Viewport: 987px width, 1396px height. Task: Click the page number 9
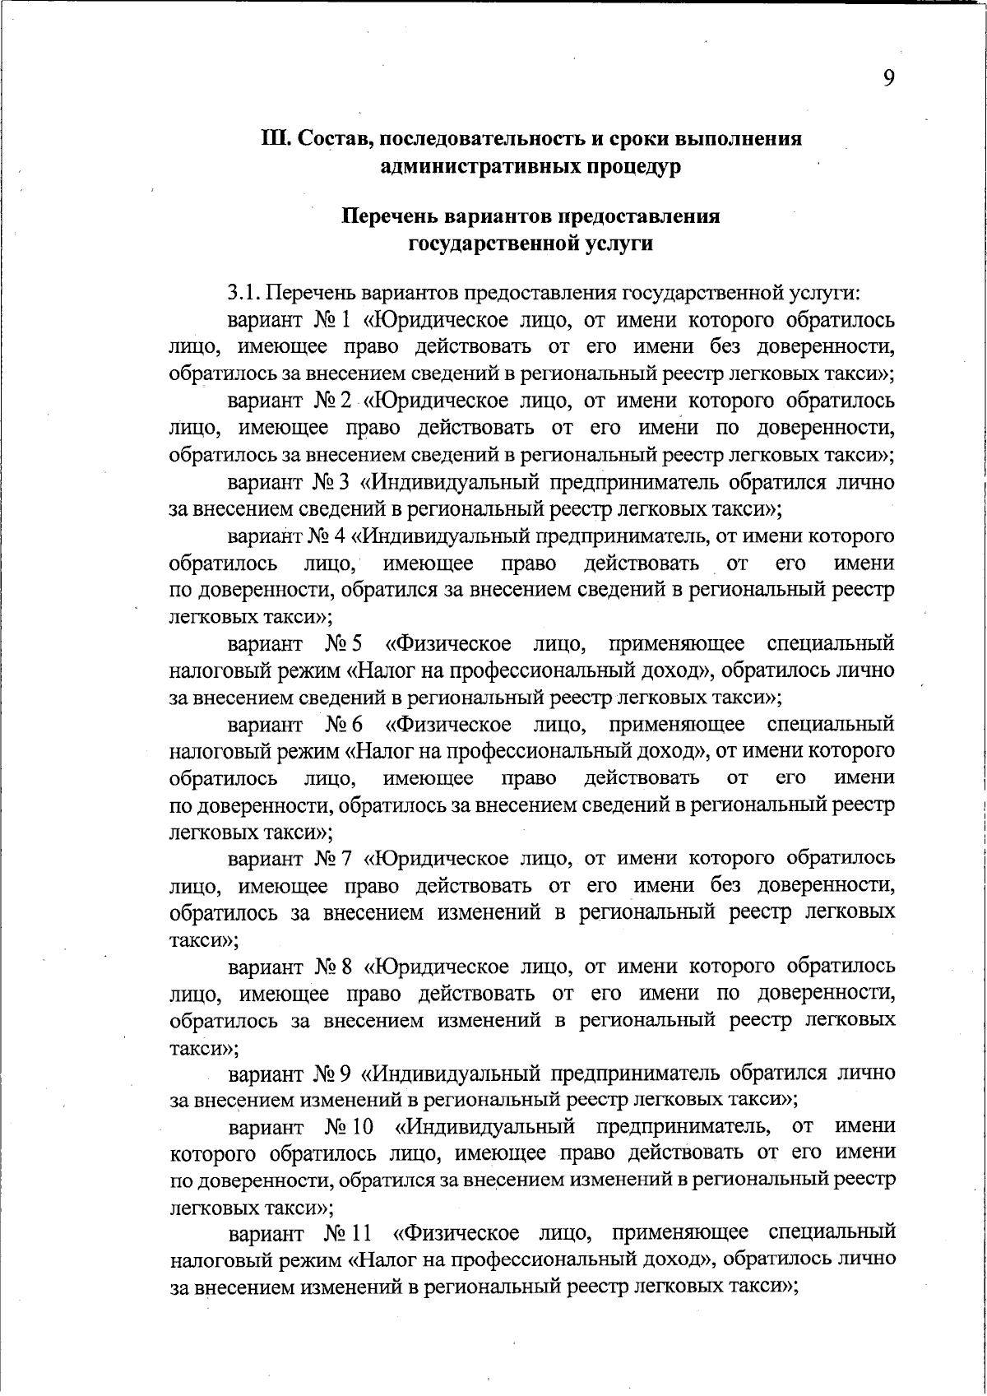click(x=889, y=77)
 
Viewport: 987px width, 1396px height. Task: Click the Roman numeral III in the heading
click(x=275, y=138)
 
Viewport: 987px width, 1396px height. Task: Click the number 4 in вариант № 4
click(x=345, y=536)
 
